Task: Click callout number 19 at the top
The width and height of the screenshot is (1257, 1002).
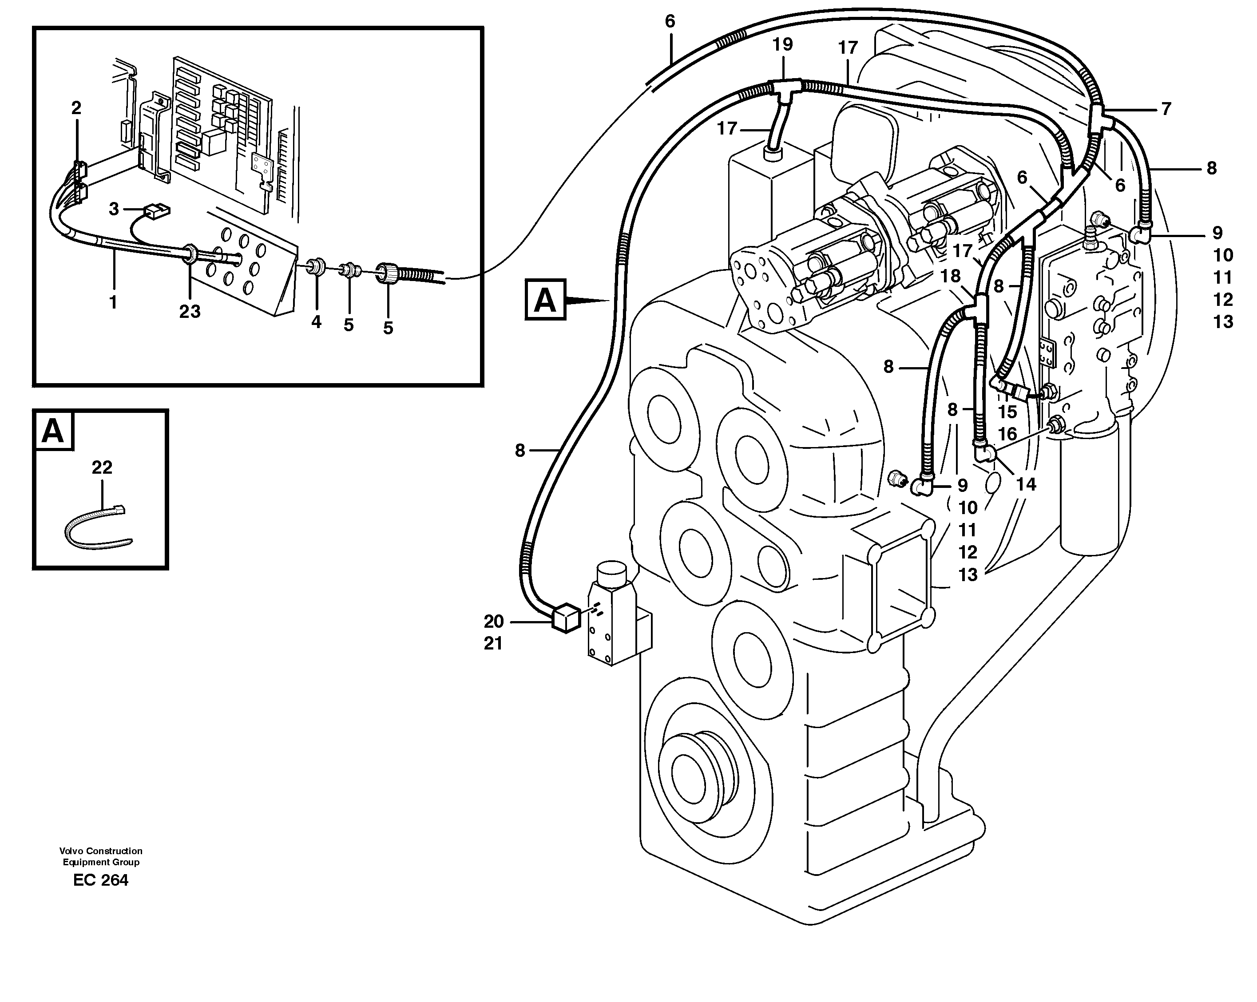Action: click(782, 45)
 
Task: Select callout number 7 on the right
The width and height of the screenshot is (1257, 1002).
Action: click(1166, 109)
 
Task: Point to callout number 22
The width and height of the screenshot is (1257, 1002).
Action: click(102, 467)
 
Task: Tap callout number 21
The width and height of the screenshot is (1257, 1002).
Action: click(493, 644)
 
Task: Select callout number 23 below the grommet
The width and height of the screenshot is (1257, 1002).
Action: click(190, 312)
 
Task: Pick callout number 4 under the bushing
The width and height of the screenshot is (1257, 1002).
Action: click(316, 322)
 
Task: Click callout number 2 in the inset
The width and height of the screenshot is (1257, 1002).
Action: click(76, 108)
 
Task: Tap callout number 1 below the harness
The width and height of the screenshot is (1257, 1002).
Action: click(113, 302)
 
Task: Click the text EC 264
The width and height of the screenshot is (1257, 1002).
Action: click(101, 880)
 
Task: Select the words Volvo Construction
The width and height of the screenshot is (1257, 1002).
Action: click(101, 851)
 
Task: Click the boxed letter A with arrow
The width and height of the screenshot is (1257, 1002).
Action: click(545, 300)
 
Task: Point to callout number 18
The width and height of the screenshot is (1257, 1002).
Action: click(951, 276)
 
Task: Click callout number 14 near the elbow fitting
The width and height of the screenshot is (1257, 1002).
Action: click(1026, 484)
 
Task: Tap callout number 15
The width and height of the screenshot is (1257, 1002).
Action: click(1007, 412)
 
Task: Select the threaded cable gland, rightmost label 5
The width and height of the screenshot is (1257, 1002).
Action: click(389, 272)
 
